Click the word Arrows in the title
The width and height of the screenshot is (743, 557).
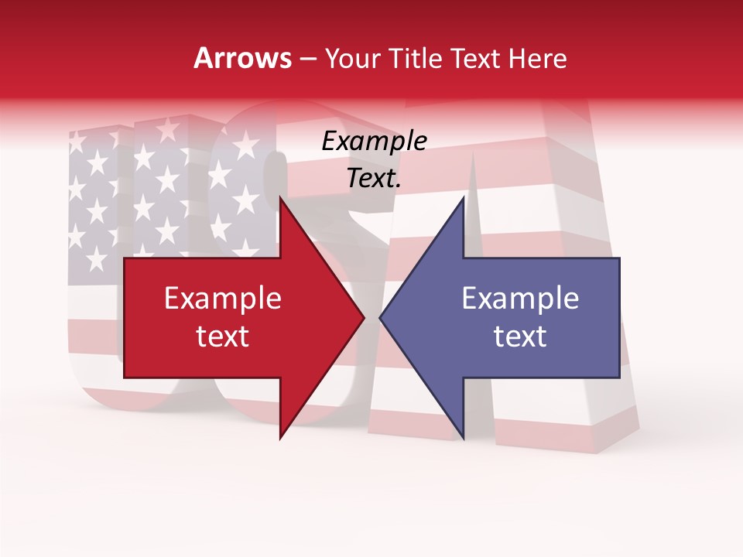click(243, 58)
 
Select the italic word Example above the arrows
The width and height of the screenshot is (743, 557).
click(374, 142)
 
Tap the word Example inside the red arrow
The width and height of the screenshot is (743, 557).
click(223, 299)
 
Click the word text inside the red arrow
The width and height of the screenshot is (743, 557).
click(223, 337)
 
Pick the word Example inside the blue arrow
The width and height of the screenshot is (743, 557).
click(520, 299)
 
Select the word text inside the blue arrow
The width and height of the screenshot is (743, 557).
click(520, 337)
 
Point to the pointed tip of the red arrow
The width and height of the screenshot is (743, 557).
click(364, 318)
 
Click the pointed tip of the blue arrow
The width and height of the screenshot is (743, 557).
click(380, 318)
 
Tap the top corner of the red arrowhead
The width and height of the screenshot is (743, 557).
click(280, 198)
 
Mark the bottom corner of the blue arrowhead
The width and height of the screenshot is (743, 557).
click(463, 438)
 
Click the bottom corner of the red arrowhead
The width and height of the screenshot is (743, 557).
click(280, 438)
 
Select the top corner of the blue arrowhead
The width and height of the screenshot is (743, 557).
click(463, 198)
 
